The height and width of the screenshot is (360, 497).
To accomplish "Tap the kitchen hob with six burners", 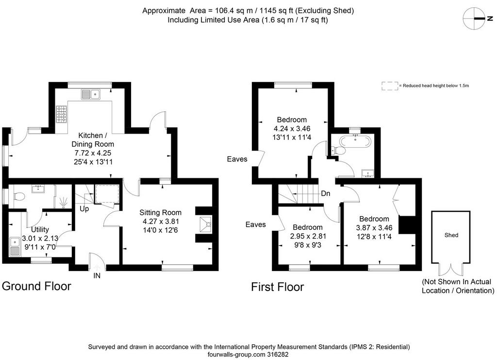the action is (x=62, y=114).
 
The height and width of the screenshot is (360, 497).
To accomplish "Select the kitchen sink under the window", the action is (x=91, y=94).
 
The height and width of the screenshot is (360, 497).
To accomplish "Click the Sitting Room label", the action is (x=160, y=212).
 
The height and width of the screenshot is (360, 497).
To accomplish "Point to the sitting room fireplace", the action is (x=206, y=225).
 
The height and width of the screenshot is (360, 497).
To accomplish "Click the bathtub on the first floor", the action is (x=355, y=141).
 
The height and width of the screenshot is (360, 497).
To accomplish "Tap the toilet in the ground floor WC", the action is (x=19, y=197).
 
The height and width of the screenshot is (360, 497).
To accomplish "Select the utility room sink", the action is (x=15, y=246).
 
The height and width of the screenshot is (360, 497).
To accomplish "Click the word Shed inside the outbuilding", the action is (x=451, y=235).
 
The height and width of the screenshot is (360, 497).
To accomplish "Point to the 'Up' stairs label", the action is (x=84, y=209).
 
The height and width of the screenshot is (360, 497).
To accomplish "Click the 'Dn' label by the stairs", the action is (x=326, y=193).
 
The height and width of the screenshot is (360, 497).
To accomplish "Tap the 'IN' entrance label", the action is (x=97, y=275).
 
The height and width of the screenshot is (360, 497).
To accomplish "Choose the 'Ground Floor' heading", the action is (x=36, y=286).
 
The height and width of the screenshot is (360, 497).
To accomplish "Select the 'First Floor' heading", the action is (x=277, y=287).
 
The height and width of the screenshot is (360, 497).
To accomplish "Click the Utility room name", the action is (x=40, y=229).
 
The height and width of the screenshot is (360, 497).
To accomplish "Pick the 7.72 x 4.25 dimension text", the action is (x=93, y=153).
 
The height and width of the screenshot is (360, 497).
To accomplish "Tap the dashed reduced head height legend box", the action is (x=390, y=86).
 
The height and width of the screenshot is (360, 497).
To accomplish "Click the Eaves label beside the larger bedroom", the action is (x=237, y=159).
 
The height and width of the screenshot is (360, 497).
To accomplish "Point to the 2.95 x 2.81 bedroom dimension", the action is (x=308, y=236).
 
